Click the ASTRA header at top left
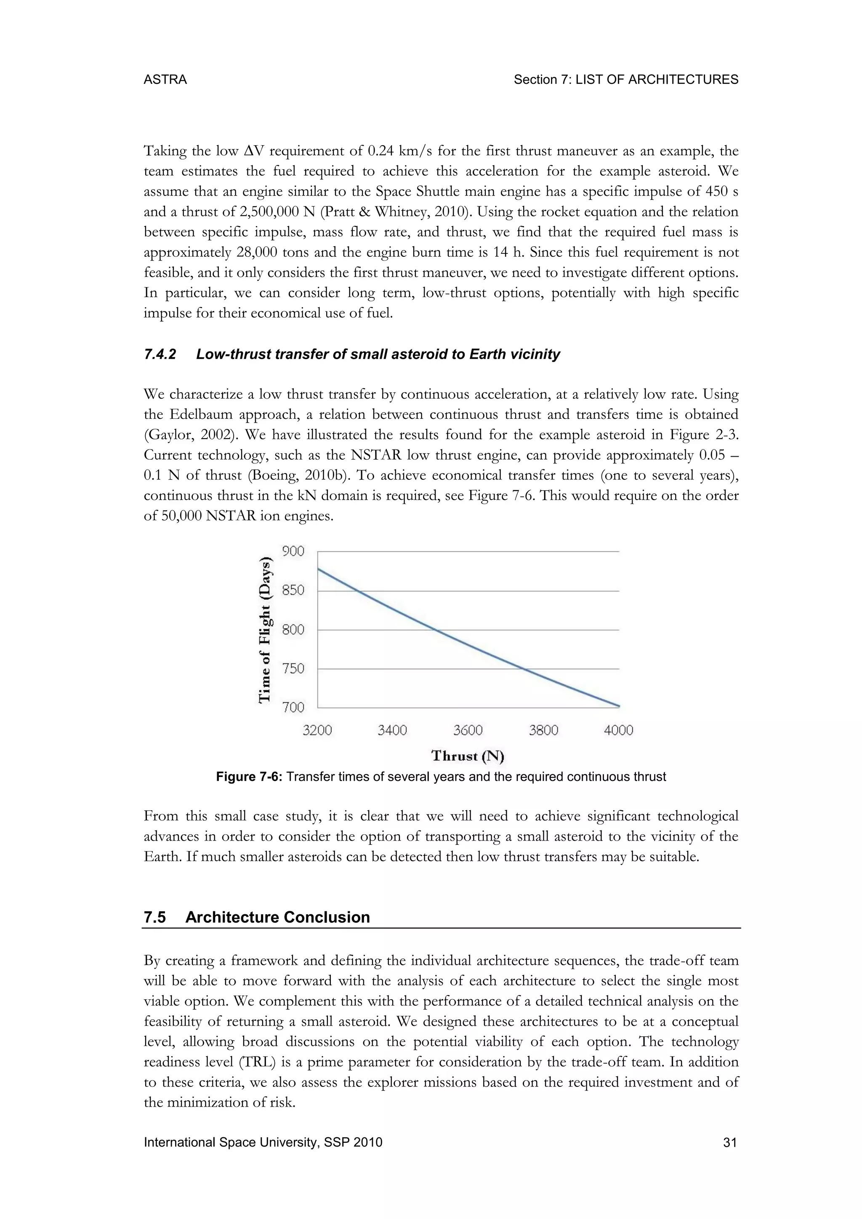pyautogui.click(x=165, y=80)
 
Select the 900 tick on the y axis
pyautogui.click(x=293, y=552)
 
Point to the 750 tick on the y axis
pyautogui.click(x=293, y=668)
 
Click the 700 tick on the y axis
pyautogui.click(x=293, y=707)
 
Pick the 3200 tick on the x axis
pyautogui.click(x=317, y=731)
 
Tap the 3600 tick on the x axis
pyautogui.click(x=468, y=731)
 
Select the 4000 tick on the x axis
pyautogui.click(x=618, y=731)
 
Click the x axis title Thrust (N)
pyautogui.click(x=468, y=756)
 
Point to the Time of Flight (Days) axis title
pyautogui.click(x=266, y=630)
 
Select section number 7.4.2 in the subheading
pyautogui.click(x=160, y=355)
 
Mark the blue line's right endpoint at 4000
pyautogui.click(x=618, y=706)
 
